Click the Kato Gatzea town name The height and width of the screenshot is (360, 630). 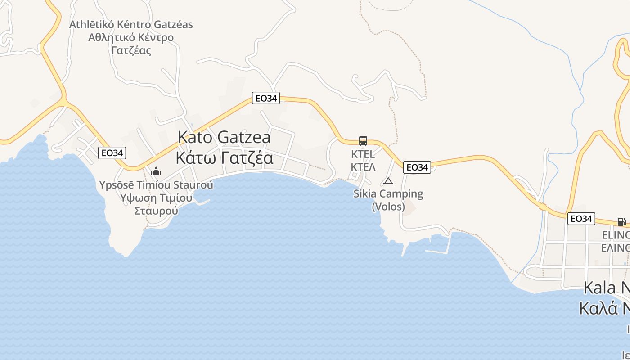224,137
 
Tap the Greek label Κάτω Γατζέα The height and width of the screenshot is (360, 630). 224,158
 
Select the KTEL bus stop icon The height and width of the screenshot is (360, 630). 363,141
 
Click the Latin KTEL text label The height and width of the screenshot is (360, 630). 363,154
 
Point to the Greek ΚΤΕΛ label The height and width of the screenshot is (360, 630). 363,167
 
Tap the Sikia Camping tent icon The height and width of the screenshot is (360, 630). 388,181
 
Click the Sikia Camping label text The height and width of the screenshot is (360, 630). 388,194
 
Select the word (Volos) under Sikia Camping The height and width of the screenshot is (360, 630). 388,207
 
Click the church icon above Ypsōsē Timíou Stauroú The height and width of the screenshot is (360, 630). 156,171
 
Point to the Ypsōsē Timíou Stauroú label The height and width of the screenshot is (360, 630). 156,185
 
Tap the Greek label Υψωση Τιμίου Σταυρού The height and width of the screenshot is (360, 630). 156,204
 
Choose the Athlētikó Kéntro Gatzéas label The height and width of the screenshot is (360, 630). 131,24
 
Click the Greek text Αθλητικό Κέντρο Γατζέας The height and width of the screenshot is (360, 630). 131,44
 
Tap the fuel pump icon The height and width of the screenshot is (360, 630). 621,221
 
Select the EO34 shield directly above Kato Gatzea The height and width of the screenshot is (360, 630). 266,98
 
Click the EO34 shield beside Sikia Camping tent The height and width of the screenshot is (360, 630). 417,167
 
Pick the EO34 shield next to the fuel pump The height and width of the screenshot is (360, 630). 581,219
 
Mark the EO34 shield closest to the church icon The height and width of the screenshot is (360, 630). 112,153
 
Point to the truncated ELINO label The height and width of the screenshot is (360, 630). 616,242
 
